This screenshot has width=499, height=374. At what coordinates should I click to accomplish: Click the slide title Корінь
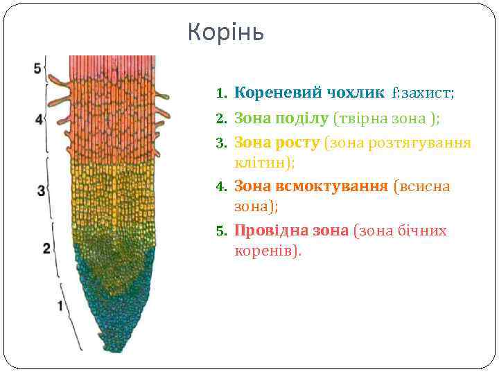226,33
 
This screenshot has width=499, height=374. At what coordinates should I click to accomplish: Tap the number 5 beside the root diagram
38,69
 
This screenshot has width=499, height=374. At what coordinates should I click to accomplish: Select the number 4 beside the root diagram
39,119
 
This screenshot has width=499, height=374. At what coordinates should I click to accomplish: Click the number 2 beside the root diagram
46,248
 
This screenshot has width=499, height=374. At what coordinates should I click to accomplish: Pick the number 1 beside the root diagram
61,305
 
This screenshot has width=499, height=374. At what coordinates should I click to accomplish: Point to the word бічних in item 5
422,231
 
